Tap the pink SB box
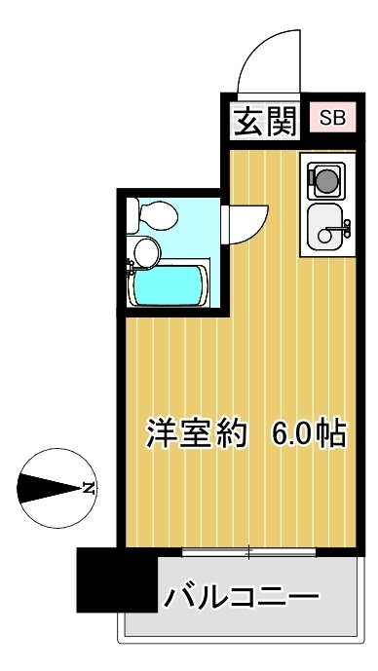click(x=332, y=118)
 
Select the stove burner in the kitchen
click(x=327, y=180)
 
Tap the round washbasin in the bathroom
click(x=146, y=252)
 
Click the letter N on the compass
click(x=89, y=488)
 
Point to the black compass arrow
click(x=50, y=488)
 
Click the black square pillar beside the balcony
click(x=117, y=579)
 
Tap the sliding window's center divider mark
click(x=249, y=552)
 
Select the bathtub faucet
click(x=131, y=268)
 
